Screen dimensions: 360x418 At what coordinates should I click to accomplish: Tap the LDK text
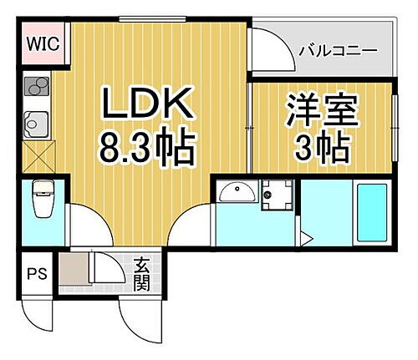click(x=149, y=107)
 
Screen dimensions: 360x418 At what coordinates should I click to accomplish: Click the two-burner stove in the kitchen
click(x=38, y=88)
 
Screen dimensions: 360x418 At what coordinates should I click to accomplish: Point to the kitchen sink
click(x=38, y=123)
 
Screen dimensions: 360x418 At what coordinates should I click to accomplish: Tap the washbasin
click(x=236, y=194)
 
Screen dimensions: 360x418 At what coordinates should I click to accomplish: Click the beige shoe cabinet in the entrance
click(x=74, y=270)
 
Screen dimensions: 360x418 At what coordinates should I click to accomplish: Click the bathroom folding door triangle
click(x=305, y=240)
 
